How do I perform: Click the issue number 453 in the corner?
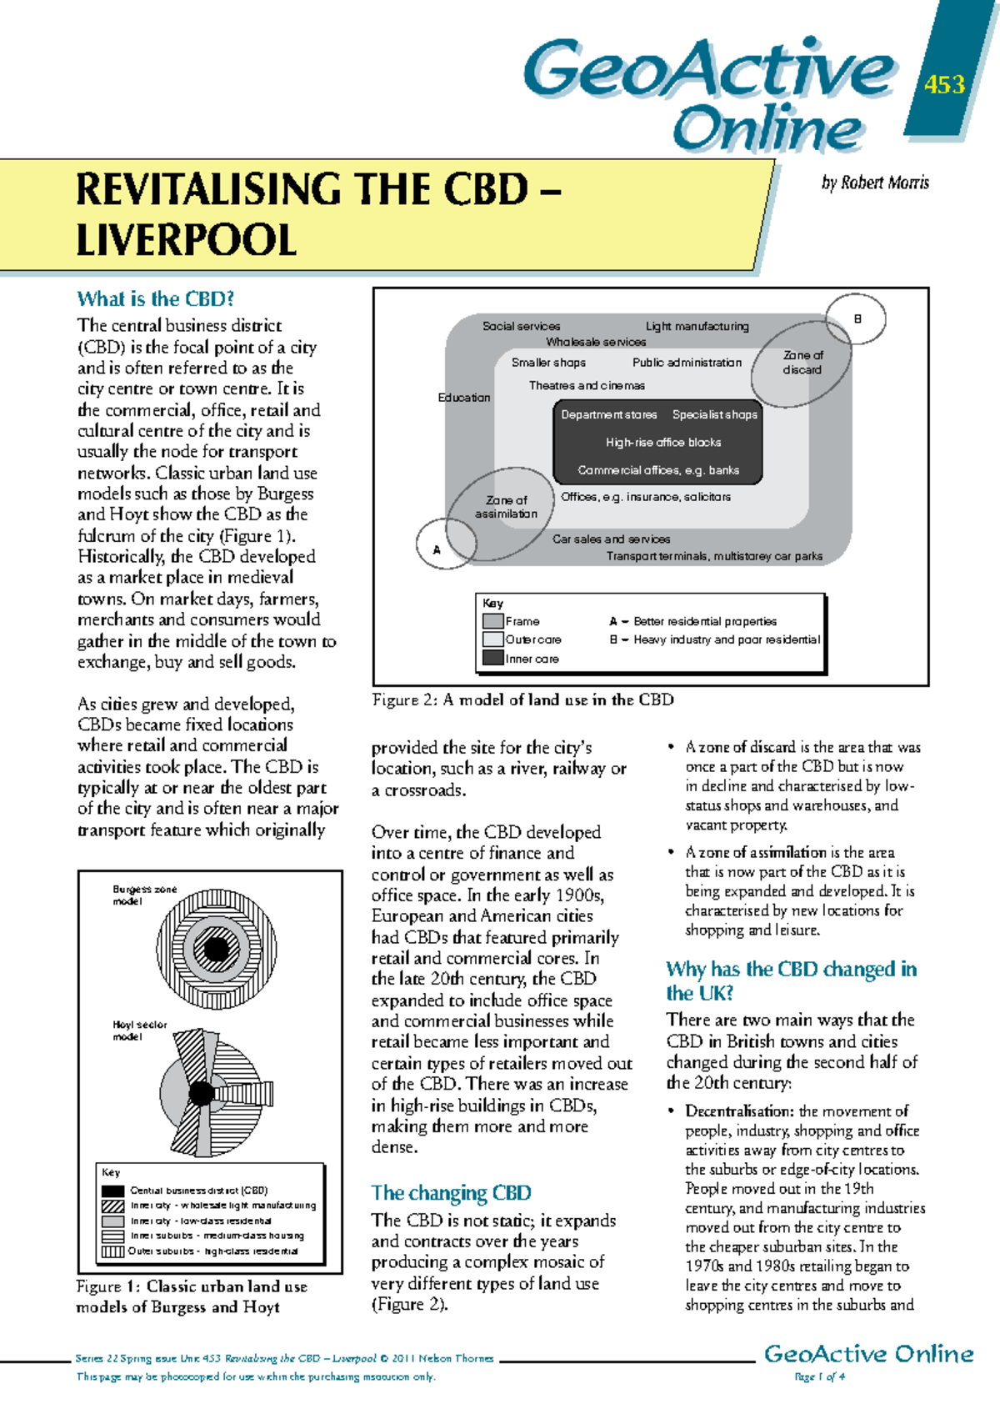tap(944, 84)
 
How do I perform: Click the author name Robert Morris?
tap(875, 183)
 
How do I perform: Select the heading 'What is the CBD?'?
tap(156, 299)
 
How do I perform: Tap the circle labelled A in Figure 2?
tap(437, 549)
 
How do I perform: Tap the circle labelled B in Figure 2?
tap(857, 319)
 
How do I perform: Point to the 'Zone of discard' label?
tap(802, 362)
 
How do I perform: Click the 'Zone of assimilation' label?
tap(507, 507)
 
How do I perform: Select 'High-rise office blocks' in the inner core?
tap(663, 443)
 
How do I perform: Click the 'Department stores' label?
tap(608, 414)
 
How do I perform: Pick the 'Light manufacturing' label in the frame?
tap(697, 326)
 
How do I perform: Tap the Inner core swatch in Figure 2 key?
tap(493, 658)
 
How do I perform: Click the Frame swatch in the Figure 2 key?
tap(493, 621)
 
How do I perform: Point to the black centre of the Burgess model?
tap(216, 949)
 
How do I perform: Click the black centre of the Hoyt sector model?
tap(202, 1092)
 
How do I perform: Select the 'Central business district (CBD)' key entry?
tap(198, 1191)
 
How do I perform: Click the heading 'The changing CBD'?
tap(451, 1193)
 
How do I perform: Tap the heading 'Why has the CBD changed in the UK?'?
tap(791, 980)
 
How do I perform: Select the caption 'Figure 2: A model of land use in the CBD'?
tap(522, 700)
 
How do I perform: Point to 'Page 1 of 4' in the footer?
tap(820, 1376)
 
